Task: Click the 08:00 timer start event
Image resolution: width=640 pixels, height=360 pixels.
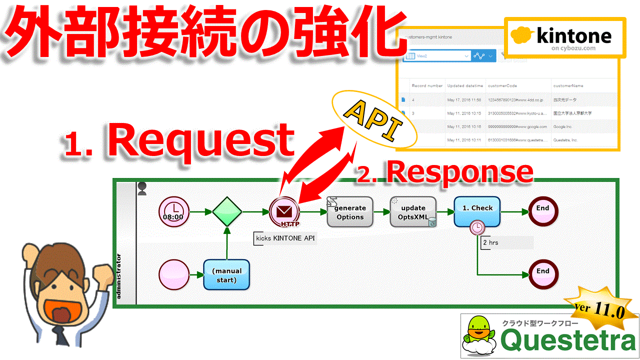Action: (x=174, y=212)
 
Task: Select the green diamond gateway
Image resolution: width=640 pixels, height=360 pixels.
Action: (x=227, y=212)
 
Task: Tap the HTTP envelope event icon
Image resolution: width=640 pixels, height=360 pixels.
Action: (x=284, y=212)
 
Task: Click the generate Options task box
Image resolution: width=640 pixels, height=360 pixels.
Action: (x=350, y=212)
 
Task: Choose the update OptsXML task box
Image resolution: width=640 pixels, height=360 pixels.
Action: (x=413, y=212)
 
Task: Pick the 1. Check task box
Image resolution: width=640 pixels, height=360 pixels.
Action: (x=477, y=211)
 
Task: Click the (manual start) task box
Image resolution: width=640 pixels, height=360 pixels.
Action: (x=226, y=275)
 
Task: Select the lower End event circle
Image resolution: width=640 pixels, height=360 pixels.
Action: (x=543, y=274)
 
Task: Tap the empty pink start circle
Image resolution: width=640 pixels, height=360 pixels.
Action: (x=174, y=275)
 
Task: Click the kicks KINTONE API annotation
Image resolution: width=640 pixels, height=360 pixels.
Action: (x=285, y=238)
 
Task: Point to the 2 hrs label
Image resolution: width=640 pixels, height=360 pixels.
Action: (x=490, y=242)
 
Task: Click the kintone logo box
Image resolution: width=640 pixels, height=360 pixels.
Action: (x=564, y=37)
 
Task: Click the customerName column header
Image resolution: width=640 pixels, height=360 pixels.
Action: (x=568, y=86)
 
